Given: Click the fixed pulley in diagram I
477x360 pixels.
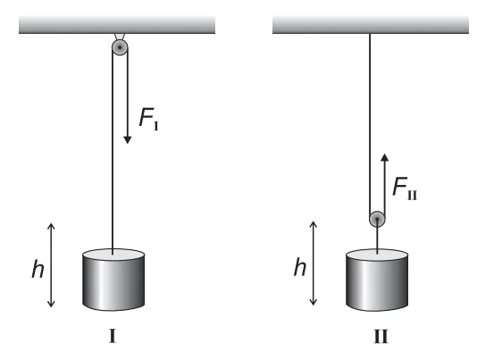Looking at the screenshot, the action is pyautogui.click(x=120, y=47).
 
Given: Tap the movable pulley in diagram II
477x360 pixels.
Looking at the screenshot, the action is pyautogui.click(x=377, y=219).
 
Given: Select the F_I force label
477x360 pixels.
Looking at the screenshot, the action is pyautogui.click(x=149, y=119).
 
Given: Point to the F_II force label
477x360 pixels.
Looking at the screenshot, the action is pyautogui.click(x=405, y=188).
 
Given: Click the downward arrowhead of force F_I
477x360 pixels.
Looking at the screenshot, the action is pyautogui.click(x=128, y=140).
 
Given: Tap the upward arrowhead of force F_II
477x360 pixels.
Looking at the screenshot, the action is pyautogui.click(x=385, y=157).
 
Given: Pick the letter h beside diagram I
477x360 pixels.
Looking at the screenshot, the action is pyautogui.click(x=38, y=269).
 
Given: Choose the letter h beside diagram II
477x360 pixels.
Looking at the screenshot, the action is pyautogui.click(x=300, y=267).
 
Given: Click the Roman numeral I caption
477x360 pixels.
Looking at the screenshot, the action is pyautogui.click(x=113, y=337).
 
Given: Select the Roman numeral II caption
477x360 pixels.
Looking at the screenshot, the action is pyautogui.click(x=381, y=337).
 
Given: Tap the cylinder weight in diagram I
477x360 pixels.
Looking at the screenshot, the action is pyautogui.click(x=113, y=280).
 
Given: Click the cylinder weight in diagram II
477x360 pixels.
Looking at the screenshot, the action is pyautogui.click(x=377, y=280).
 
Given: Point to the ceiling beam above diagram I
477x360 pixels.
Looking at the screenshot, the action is pyautogui.click(x=117, y=25).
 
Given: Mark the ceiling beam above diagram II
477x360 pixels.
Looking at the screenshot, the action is pyautogui.click(x=371, y=25).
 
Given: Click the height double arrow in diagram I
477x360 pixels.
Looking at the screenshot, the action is pyautogui.click(x=51, y=265).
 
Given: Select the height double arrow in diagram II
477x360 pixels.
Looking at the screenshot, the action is pyautogui.click(x=313, y=264).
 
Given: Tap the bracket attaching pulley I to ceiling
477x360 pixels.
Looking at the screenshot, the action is pyautogui.click(x=120, y=37).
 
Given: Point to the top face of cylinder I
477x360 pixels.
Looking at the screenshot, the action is pyautogui.click(x=113, y=254).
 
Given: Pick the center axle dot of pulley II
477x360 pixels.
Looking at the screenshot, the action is pyautogui.click(x=377, y=219).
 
